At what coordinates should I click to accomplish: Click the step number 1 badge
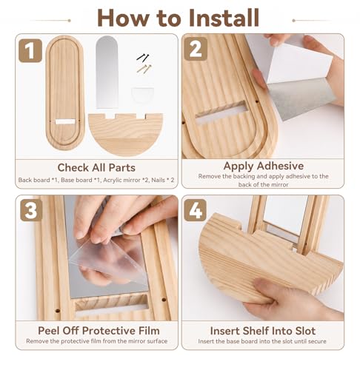tap(30, 50)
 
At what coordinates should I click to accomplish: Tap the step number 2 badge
tap(196, 49)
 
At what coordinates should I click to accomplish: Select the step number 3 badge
tap(31, 210)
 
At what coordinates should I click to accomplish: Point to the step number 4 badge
tap(196, 210)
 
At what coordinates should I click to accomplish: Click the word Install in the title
tap(224, 18)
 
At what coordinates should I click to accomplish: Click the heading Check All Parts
tap(96, 168)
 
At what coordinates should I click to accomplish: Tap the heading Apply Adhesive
tap(264, 166)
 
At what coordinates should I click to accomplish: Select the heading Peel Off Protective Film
tap(99, 331)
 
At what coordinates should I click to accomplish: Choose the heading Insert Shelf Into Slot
tap(263, 331)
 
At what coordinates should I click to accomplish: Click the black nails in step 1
tap(143, 57)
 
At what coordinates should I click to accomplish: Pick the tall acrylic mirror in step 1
tap(107, 72)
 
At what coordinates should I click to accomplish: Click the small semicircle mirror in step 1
tap(142, 95)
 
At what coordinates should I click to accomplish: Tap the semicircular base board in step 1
tap(125, 134)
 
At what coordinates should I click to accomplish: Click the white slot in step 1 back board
tap(65, 121)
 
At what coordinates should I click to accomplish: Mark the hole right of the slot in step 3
tap(164, 300)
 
